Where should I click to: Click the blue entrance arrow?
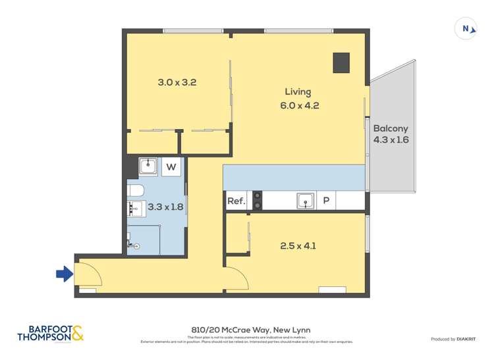point(63,273)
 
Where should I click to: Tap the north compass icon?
point(466,28)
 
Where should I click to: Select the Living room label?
point(298,91)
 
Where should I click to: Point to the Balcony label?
point(391,128)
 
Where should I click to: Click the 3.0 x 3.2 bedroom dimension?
point(177,83)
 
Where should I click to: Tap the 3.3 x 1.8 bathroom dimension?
point(165,207)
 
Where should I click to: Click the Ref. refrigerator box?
point(236,201)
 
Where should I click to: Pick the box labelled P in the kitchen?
point(326,201)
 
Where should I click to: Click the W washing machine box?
point(171,167)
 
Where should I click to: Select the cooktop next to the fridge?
point(257,200)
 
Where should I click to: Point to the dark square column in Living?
point(341,62)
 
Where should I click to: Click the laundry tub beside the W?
point(148,167)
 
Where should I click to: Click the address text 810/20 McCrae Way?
point(247,330)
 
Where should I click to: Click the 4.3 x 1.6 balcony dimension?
point(391,140)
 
